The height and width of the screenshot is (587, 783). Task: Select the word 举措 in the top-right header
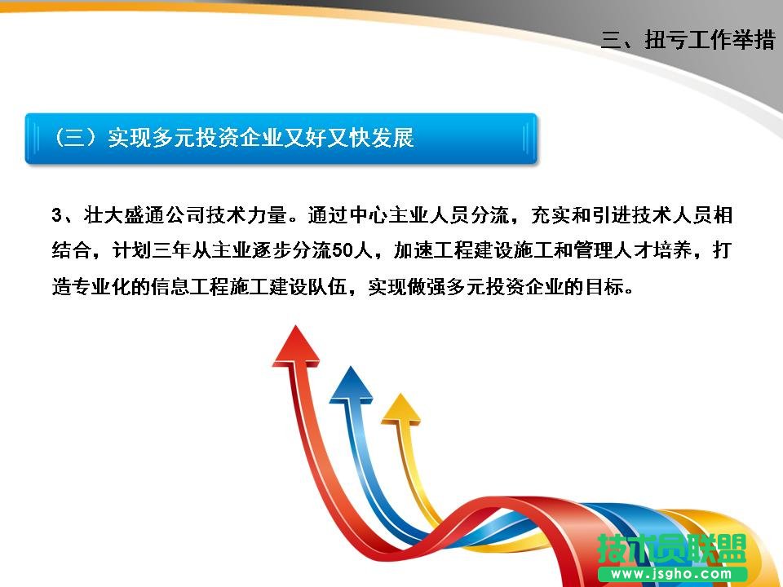point(754,40)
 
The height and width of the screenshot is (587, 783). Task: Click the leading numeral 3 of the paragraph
point(56,216)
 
